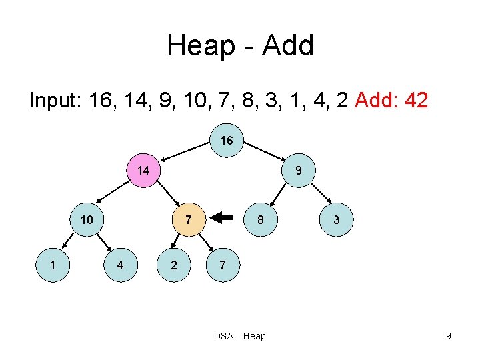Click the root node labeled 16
pyautogui.click(x=227, y=141)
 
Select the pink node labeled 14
pyautogui.click(x=143, y=171)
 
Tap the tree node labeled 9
pyautogui.click(x=299, y=171)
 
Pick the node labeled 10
pyautogui.click(x=87, y=219)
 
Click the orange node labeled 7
pyautogui.click(x=189, y=219)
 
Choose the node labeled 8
pyautogui.click(x=261, y=219)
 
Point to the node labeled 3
pyautogui.click(x=337, y=219)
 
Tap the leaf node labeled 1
pyautogui.click(x=53, y=265)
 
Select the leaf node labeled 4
pyautogui.click(x=120, y=265)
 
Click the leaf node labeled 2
pyautogui.click(x=174, y=265)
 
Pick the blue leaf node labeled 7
pyautogui.click(x=223, y=265)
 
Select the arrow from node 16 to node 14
pyautogui.click(x=185, y=151)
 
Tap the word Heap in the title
pyautogui.click(x=201, y=46)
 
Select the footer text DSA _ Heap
pyautogui.click(x=239, y=336)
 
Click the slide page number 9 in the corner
pyautogui.click(x=449, y=336)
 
